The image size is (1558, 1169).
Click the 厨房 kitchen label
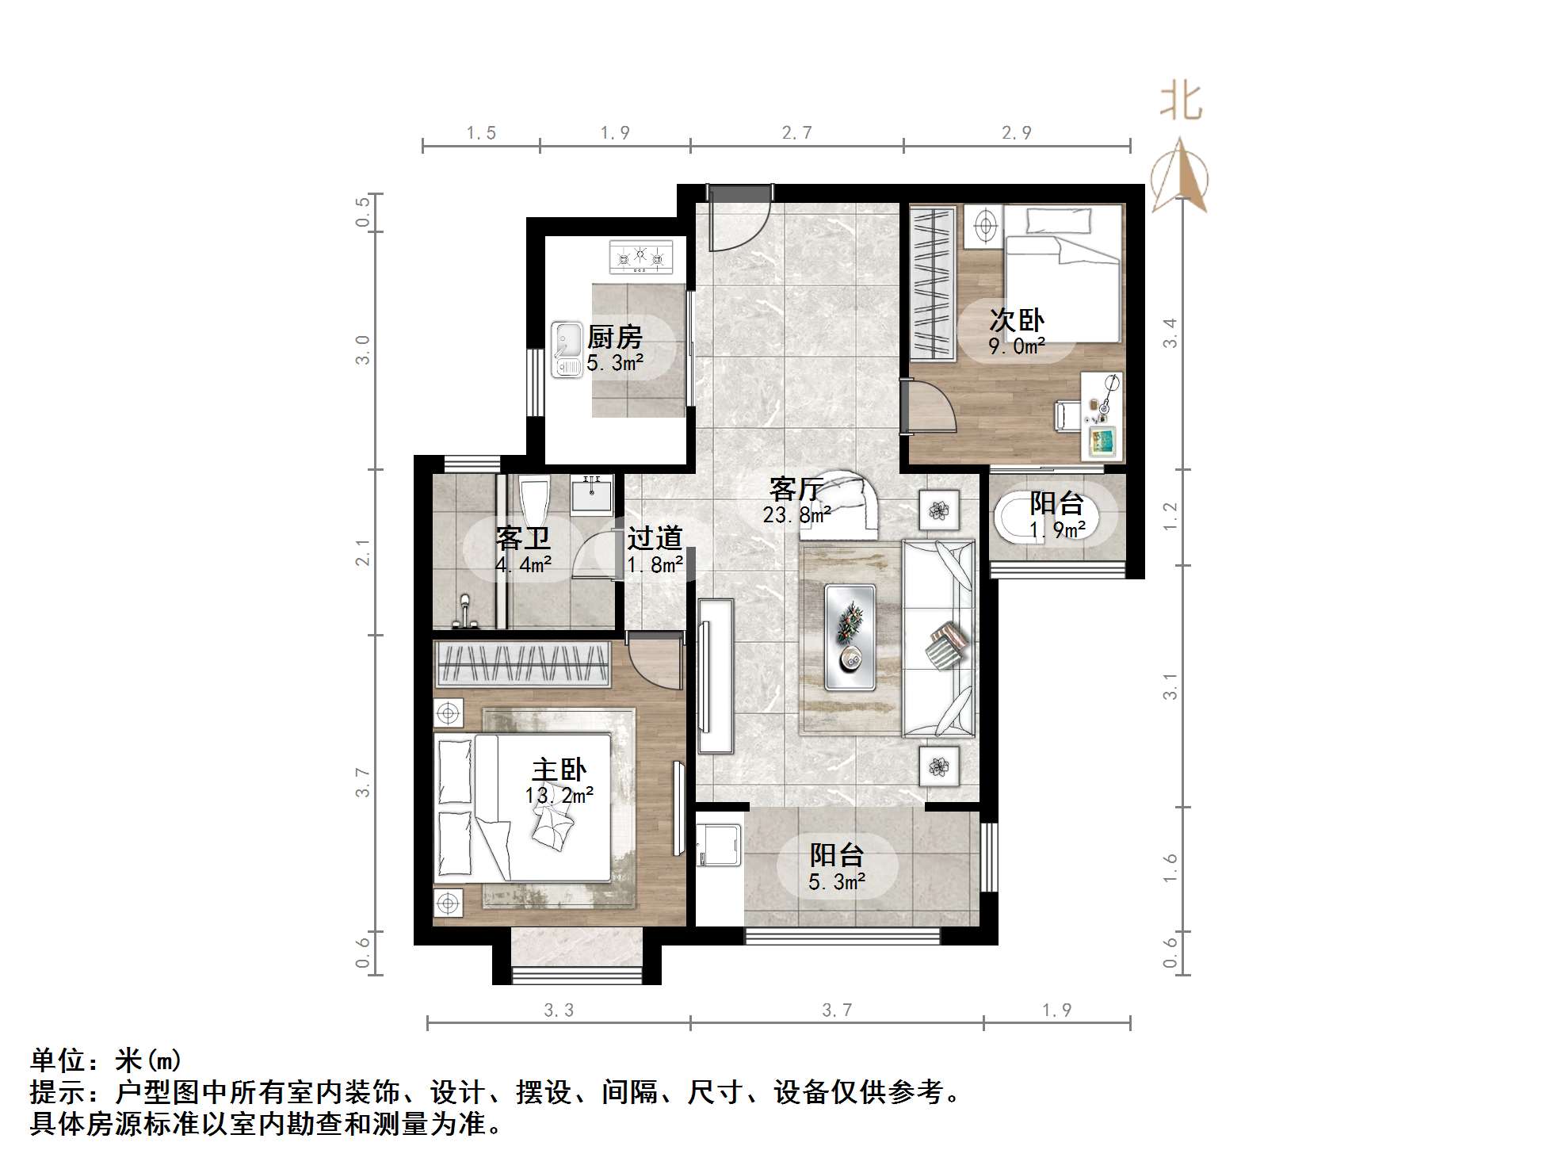click(614, 338)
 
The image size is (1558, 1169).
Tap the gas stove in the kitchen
click(640, 257)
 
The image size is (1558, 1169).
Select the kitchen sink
click(567, 350)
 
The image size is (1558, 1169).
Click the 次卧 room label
click(1016, 320)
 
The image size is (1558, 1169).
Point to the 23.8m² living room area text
click(796, 515)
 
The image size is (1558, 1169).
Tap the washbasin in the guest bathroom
click(591, 495)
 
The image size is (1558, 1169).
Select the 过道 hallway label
click(655, 539)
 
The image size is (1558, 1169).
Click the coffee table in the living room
click(850, 636)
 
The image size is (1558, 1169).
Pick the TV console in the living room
click(715, 675)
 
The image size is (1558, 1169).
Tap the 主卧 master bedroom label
click(559, 770)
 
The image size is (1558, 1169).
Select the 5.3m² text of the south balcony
click(837, 881)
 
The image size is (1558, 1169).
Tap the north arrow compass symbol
click(1180, 178)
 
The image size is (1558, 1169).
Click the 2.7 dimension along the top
click(796, 133)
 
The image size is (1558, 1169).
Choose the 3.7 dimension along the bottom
click(837, 1010)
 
